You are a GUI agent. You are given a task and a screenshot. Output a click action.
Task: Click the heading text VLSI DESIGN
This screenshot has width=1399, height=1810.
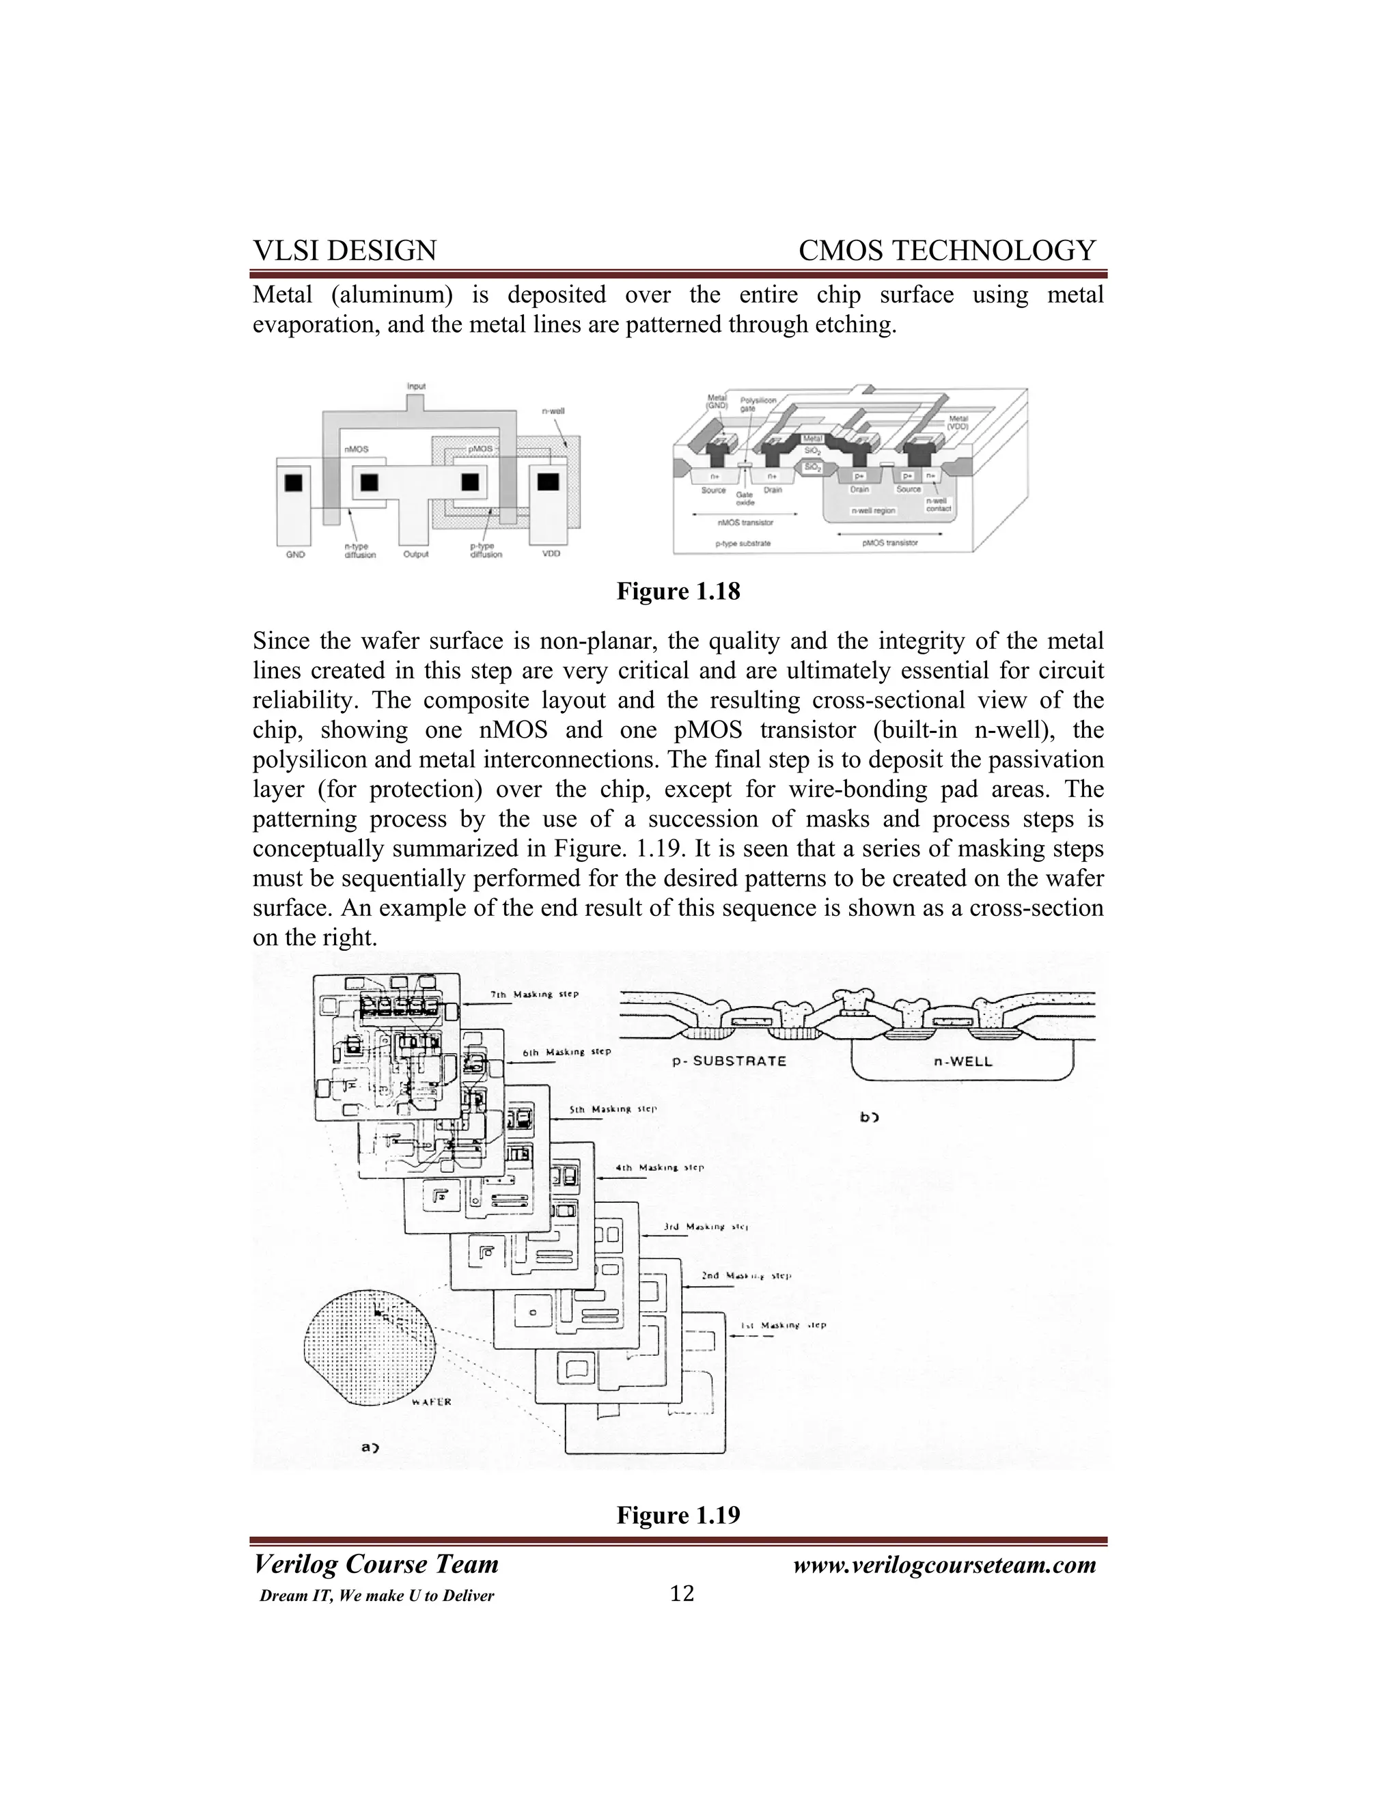(344, 250)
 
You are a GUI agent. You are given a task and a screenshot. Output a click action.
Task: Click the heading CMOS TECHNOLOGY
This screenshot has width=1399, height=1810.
(947, 250)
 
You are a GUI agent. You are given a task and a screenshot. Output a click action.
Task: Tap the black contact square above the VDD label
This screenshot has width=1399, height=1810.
(548, 482)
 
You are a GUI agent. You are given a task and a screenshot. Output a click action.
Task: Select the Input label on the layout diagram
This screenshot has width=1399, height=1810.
(416, 386)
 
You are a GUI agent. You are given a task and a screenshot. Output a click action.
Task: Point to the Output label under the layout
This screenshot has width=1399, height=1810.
(415, 555)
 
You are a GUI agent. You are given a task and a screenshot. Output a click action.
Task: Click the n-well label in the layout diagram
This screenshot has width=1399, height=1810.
(553, 411)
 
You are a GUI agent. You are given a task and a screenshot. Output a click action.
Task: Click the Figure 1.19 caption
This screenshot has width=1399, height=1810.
(678, 1515)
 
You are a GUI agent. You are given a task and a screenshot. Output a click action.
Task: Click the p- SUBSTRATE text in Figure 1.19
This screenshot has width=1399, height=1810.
(728, 1061)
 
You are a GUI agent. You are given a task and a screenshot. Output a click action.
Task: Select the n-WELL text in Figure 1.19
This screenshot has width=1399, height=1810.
(962, 1061)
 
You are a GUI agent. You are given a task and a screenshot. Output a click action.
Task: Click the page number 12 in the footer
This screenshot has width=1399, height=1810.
(681, 1593)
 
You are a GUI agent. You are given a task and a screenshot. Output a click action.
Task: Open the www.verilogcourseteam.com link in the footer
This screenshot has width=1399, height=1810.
(944, 1565)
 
